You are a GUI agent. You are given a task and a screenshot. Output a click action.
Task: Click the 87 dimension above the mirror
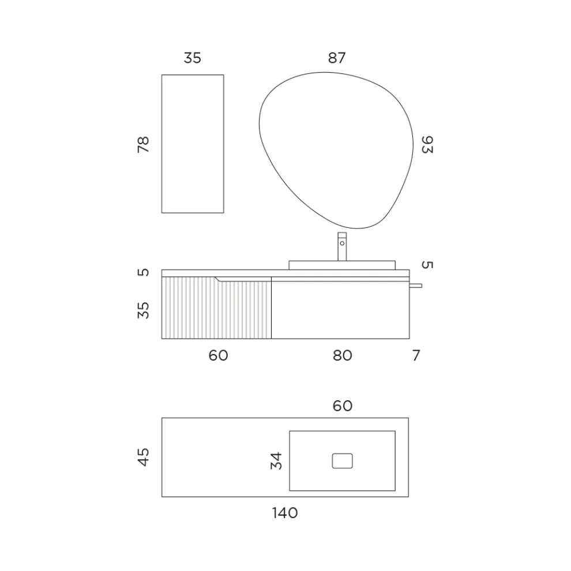tap(336, 58)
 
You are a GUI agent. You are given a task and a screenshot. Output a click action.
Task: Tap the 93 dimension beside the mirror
tap(427, 145)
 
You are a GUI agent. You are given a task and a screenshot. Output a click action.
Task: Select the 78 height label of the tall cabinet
tap(143, 145)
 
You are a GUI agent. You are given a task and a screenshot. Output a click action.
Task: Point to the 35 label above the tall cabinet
tap(192, 58)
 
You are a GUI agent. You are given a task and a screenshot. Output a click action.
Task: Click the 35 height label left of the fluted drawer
tap(143, 310)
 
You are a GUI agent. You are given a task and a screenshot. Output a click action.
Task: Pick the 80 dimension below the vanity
tap(342, 355)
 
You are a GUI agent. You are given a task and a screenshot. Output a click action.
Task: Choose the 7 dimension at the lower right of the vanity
tap(416, 355)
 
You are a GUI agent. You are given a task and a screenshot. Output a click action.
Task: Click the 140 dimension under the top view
tap(285, 513)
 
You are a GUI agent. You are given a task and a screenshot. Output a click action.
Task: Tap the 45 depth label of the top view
tap(143, 457)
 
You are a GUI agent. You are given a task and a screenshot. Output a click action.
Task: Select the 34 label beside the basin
tap(276, 461)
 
